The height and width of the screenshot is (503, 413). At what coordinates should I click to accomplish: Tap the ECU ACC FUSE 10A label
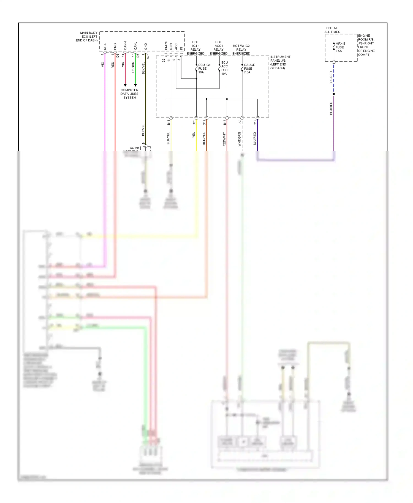[225, 68]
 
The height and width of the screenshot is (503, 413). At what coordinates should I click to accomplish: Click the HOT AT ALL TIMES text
[332, 30]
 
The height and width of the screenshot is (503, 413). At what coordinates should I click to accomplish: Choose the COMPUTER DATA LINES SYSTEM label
[129, 94]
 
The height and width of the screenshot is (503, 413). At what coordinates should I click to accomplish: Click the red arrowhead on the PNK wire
[125, 85]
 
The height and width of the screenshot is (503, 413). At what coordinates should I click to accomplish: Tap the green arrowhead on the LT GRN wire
[135, 85]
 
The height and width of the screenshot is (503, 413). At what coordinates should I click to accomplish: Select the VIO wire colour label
[102, 64]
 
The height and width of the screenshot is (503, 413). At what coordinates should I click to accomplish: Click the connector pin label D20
[194, 122]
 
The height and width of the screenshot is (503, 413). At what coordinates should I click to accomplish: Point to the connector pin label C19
[255, 122]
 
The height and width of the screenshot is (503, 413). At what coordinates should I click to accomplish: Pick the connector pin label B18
[169, 122]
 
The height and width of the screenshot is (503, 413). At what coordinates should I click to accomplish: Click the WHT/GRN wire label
[239, 139]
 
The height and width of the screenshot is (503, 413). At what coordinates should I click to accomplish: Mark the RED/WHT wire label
[224, 139]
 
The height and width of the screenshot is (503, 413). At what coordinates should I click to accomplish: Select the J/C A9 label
[134, 148]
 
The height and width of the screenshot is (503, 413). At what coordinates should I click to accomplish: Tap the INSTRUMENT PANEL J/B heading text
[280, 62]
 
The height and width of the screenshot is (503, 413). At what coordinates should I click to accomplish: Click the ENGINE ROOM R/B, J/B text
[366, 45]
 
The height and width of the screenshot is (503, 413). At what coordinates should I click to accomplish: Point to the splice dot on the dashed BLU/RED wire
[334, 94]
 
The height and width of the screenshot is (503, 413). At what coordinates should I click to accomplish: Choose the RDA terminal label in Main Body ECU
[105, 47]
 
